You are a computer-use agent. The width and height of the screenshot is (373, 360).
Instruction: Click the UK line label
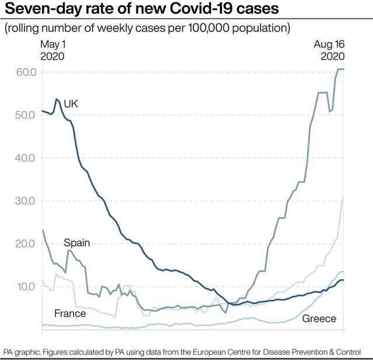(x=71, y=104)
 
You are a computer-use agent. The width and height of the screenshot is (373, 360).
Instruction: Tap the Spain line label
(x=77, y=242)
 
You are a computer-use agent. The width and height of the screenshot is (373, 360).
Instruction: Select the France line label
(x=70, y=314)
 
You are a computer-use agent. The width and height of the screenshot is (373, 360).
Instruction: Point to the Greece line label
(x=319, y=319)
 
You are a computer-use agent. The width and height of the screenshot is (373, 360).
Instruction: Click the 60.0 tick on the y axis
(x=26, y=72)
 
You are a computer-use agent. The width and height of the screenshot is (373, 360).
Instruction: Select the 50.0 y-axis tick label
(x=26, y=115)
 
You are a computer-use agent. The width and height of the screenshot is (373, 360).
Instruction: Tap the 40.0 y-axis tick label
(x=26, y=158)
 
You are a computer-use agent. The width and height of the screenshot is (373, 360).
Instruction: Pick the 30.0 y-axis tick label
(x=26, y=201)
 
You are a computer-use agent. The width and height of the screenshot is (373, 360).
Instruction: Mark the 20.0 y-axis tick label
(x=26, y=243)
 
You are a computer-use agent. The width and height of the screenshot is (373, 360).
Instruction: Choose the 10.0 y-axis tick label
(x=26, y=287)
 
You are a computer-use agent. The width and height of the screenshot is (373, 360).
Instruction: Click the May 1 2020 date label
(x=52, y=51)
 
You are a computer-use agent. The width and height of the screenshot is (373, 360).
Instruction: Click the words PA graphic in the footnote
(x=22, y=352)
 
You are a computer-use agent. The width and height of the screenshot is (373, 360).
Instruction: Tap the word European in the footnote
(x=233, y=352)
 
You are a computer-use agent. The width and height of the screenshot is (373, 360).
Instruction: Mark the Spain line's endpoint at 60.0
(x=343, y=69)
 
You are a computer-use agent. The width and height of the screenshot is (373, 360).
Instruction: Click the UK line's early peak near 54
(x=57, y=99)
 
